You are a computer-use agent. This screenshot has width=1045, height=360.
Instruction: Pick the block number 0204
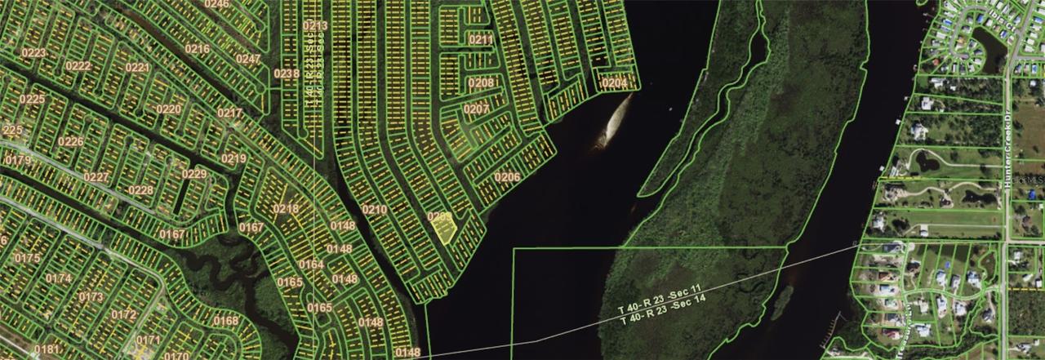pyautogui.click(x=614, y=83)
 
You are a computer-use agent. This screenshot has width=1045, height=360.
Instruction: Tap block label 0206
pyautogui.click(x=507, y=177)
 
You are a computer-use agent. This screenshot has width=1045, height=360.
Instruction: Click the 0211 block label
pyautogui.click(x=481, y=39)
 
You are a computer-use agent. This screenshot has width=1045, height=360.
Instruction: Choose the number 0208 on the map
pyautogui.click(x=481, y=82)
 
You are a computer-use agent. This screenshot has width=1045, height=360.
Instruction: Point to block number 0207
pyautogui.click(x=476, y=109)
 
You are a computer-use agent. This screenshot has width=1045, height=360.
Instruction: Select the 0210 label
pyautogui.click(x=375, y=210)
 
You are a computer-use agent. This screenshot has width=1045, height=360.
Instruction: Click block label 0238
pyautogui.click(x=286, y=74)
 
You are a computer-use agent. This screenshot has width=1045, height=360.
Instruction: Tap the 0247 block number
pyautogui.click(x=248, y=59)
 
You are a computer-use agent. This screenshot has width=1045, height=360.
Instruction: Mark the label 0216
pyautogui.click(x=197, y=49)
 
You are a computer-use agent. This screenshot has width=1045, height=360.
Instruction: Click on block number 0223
pyautogui.click(x=34, y=54)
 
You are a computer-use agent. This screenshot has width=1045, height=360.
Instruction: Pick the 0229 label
pyautogui.click(x=193, y=174)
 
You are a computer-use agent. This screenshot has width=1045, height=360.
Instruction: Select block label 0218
pyautogui.click(x=286, y=209)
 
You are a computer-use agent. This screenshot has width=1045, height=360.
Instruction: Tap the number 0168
pyautogui.click(x=225, y=321)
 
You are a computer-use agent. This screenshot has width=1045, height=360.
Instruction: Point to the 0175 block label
pyautogui.click(x=27, y=258)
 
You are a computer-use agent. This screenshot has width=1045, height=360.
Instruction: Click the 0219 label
pyautogui.click(x=234, y=158)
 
